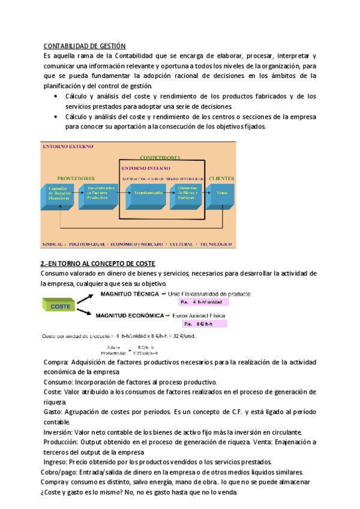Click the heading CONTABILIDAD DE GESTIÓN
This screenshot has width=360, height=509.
85,46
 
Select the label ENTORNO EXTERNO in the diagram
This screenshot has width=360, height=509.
63,146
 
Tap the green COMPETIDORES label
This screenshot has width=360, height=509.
160,157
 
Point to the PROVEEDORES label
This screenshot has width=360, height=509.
76,178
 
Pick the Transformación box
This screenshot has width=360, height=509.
144,193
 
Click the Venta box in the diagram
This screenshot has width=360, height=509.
221,193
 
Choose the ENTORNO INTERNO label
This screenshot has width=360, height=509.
146,169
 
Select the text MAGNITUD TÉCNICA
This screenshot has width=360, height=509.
128,294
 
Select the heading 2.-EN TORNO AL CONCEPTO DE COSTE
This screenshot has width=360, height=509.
98,264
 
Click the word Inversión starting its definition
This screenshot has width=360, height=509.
58,432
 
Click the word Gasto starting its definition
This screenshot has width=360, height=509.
53,412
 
